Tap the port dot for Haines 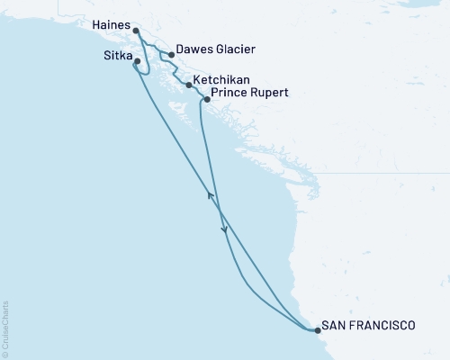[135, 33]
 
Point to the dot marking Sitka [137, 62]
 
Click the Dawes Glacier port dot [172, 54]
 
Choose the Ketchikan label [221, 79]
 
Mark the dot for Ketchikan [188, 85]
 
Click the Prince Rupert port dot [208, 99]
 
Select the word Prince [229, 93]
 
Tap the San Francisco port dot [317, 330]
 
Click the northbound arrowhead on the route [211, 194]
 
